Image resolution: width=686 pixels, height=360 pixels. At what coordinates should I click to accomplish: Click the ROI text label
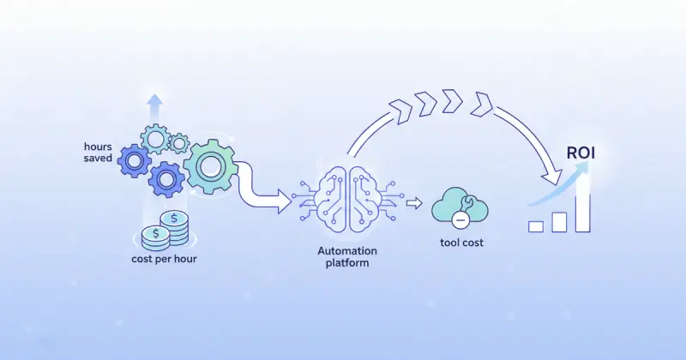581,153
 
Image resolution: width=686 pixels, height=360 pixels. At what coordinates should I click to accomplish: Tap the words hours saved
98,153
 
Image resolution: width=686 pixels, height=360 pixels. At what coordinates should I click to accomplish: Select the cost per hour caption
164,259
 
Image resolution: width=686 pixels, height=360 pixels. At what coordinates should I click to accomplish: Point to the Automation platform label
347,257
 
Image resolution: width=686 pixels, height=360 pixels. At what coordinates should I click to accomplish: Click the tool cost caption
461,243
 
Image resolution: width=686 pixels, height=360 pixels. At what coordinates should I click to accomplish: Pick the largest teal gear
210,166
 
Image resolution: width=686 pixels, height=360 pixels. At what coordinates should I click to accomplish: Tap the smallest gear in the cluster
178,143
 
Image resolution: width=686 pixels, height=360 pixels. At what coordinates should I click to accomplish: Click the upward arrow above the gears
154,108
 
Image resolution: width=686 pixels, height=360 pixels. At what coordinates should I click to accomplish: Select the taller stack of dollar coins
174,225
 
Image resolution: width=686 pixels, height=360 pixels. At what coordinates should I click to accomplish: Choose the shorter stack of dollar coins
156,237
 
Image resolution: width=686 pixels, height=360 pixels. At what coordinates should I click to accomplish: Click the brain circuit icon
347,200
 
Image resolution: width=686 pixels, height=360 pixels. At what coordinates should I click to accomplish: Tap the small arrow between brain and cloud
414,203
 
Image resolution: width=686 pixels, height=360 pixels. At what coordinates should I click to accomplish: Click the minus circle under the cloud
460,219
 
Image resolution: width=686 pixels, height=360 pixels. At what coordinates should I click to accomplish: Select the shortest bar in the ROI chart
536,226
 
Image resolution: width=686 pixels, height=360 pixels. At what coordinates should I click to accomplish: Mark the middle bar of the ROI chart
559,222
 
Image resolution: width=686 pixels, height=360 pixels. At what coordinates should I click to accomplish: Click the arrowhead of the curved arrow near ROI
553,177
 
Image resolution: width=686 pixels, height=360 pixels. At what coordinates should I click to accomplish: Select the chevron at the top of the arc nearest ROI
482,105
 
